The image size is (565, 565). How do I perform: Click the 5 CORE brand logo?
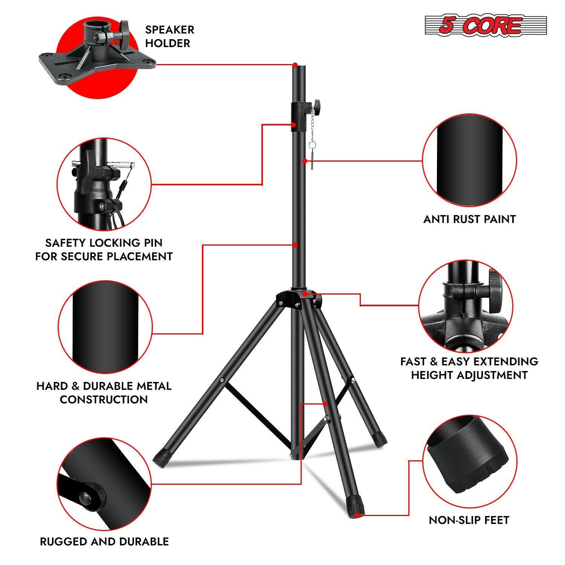[486, 25]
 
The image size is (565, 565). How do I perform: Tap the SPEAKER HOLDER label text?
[169, 36]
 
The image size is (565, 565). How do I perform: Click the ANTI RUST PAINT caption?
[469, 219]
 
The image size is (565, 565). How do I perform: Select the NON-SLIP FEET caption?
[469, 520]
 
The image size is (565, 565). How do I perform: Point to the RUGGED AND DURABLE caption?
[104, 542]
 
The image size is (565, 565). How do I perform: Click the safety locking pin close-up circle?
[104, 185]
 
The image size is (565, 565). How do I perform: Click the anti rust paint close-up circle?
[469, 161]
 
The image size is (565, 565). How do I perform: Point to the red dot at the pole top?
[295, 65]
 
